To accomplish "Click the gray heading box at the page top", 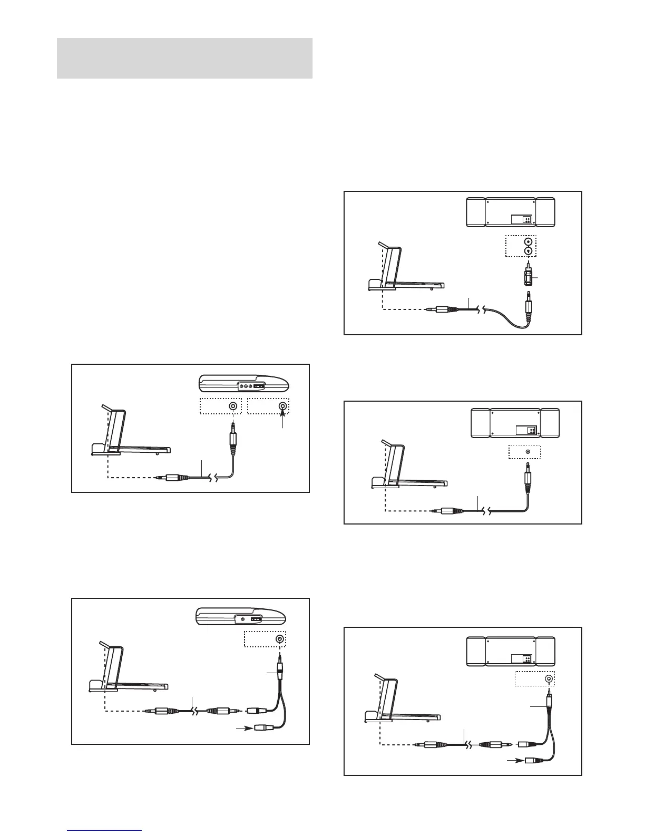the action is point(184,58).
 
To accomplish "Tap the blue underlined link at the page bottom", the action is point(105,831).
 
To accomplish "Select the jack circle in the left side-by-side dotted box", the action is point(232,406).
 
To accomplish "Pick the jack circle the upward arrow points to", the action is point(283,406).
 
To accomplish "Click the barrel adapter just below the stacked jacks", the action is point(527,278).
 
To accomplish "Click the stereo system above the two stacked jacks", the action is point(510,212).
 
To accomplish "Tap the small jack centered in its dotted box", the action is point(527,452).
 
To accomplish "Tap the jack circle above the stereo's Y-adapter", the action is point(549,680).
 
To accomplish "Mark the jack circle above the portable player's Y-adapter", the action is point(280,639).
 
